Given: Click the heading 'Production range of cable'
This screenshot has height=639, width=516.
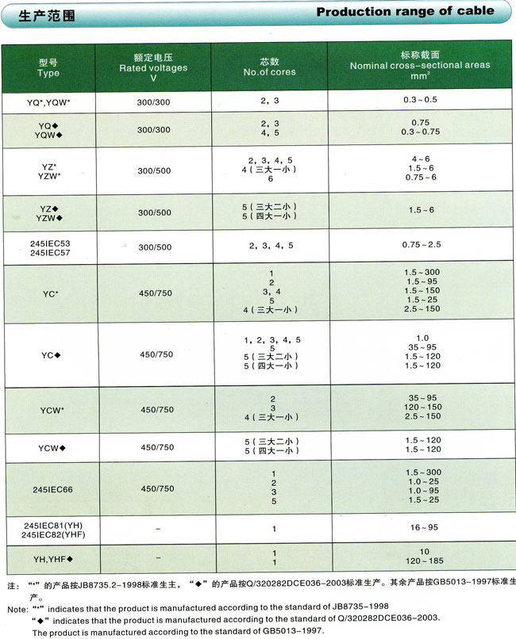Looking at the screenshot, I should point(405,12).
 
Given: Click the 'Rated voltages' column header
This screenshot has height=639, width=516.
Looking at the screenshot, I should point(153,67).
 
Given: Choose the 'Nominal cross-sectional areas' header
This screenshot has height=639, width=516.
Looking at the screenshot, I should point(420,65).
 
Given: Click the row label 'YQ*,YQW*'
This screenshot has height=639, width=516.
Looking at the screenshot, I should point(49,101).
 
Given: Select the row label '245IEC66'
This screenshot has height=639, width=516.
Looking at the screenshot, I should point(48,489).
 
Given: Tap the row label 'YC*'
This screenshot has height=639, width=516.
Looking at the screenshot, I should point(49,293).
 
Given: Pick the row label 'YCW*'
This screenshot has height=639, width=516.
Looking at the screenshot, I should point(49,410).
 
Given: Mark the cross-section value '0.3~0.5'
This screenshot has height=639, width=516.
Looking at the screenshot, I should point(420,101).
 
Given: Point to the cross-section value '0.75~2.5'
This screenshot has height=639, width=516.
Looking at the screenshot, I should point(420,247).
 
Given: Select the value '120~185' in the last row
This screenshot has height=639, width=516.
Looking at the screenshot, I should point(420,562).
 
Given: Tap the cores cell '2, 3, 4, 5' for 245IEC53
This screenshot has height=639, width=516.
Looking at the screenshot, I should point(271,247).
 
